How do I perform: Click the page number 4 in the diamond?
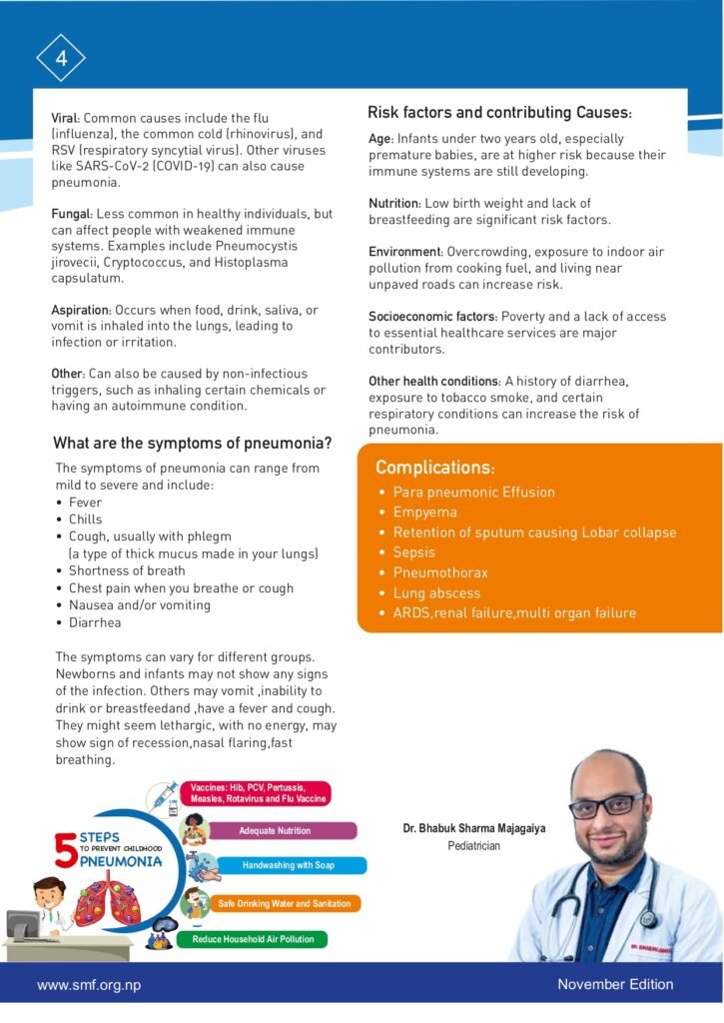(x=61, y=58)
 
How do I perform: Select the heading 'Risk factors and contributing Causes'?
(x=499, y=113)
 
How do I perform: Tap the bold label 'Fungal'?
(x=71, y=214)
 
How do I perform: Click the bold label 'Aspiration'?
(x=81, y=311)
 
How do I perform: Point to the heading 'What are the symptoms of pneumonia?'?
(x=192, y=444)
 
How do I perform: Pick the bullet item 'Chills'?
(x=86, y=519)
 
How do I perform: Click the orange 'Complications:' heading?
(x=434, y=468)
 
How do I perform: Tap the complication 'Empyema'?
(x=425, y=512)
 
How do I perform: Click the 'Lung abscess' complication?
(x=436, y=593)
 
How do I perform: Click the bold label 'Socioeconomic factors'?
(x=433, y=317)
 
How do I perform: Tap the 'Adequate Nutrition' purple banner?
(x=274, y=831)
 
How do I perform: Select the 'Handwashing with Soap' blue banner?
(x=288, y=865)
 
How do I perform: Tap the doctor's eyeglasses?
(x=606, y=805)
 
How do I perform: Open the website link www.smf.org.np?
(x=89, y=985)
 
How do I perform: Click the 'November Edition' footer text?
(x=615, y=985)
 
